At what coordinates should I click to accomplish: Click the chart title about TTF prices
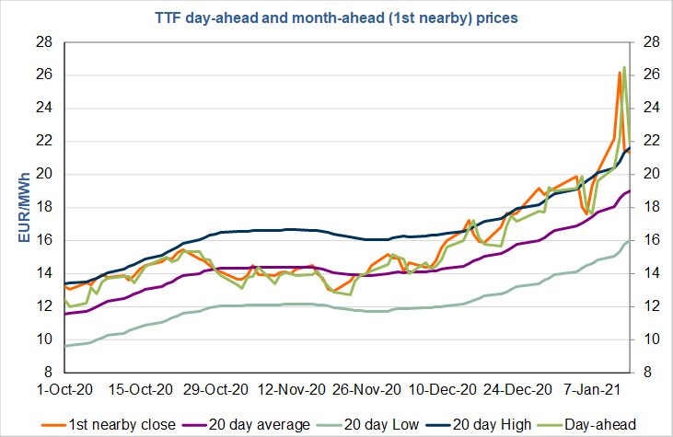coord(335,17)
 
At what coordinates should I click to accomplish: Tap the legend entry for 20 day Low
coord(345,424)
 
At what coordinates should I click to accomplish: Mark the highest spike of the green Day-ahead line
coord(624,67)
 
